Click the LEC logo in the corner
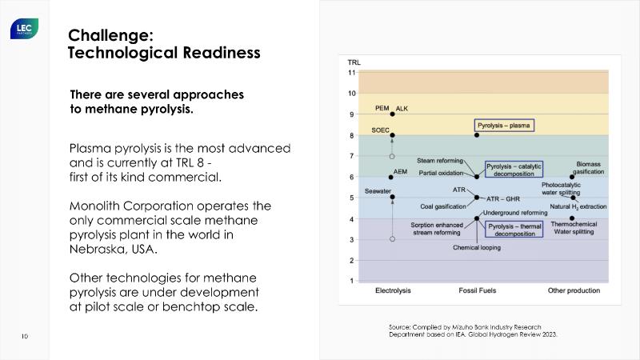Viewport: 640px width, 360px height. point(24,28)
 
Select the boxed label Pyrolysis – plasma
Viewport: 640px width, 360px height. point(504,126)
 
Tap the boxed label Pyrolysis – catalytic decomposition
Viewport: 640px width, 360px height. point(514,170)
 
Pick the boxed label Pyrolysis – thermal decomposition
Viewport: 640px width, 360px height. point(514,230)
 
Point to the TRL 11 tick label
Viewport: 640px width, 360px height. point(351,73)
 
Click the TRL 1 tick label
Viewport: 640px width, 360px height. point(352,281)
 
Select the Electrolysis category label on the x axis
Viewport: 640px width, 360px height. point(393,290)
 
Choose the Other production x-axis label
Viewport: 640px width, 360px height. point(574,290)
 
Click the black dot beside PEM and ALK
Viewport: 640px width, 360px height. point(392,114)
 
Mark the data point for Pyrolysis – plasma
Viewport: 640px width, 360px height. point(477,135)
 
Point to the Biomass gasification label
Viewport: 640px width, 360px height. point(588,167)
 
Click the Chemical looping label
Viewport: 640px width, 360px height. point(477,247)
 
